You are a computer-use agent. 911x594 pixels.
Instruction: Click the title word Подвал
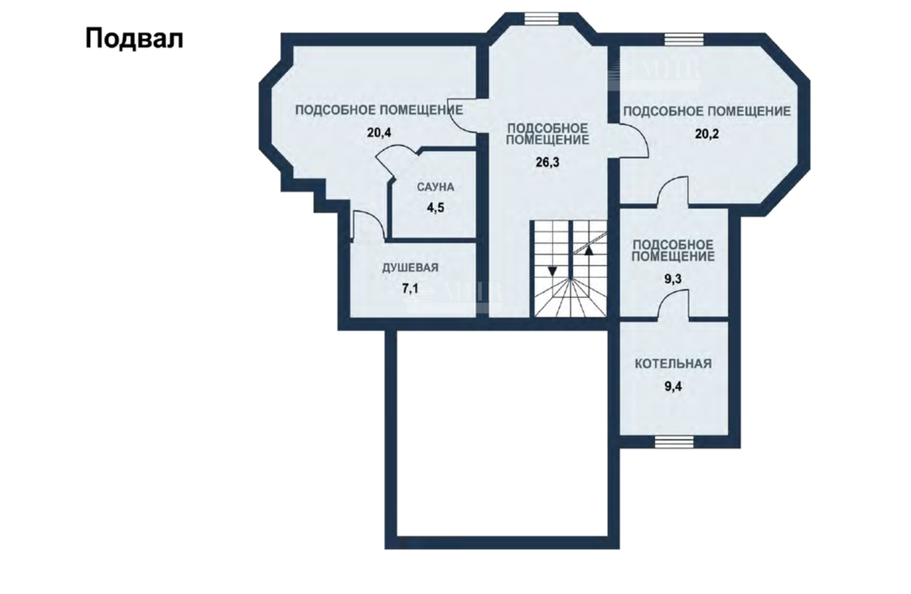point(134,39)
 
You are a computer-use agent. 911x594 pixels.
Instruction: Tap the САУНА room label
point(435,187)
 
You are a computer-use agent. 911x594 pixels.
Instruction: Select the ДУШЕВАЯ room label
point(410,268)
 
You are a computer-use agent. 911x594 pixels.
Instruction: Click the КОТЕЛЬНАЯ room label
point(673,364)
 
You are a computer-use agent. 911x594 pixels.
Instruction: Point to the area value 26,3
point(548,162)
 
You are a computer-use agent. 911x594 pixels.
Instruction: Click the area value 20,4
point(379,132)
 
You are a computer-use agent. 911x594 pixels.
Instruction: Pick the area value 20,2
point(707,134)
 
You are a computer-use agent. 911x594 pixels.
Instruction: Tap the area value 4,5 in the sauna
point(435,208)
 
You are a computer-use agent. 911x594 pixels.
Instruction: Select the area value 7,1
point(410,288)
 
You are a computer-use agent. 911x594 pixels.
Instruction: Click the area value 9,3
point(673,279)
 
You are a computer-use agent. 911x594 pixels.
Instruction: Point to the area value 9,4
point(673,386)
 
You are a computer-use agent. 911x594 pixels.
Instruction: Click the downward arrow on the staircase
point(552,271)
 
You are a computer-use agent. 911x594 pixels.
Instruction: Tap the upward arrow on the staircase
point(589,251)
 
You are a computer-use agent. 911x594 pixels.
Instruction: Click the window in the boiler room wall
point(674,442)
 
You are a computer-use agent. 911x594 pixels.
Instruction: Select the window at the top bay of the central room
point(541,18)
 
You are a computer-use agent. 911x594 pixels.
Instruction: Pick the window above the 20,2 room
point(684,39)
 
